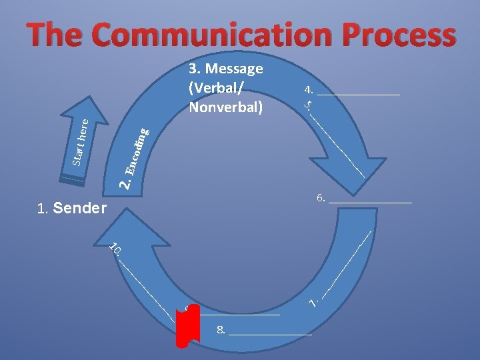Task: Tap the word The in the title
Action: [57, 35]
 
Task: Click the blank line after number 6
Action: [371, 200]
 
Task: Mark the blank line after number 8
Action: [270, 332]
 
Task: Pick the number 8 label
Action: [221, 329]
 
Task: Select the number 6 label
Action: [321, 198]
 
